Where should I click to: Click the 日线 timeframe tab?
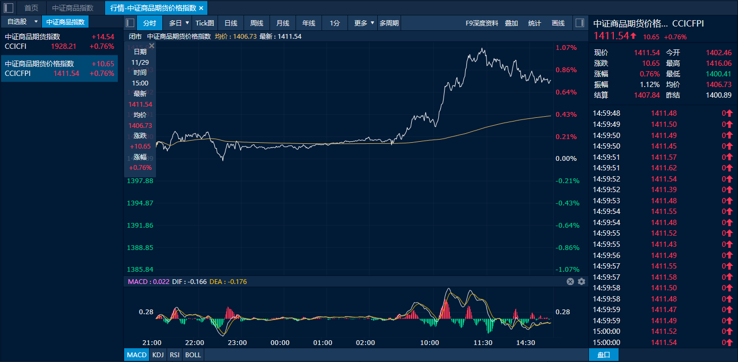pyautogui.click(x=231, y=23)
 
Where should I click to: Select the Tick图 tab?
pyautogui.click(x=205, y=23)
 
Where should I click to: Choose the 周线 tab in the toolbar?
pyautogui.click(x=257, y=23)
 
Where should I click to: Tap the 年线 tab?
pyautogui.click(x=309, y=23)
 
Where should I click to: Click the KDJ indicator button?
pyautogui.click(x=158, y=355)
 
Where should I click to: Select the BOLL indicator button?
pyautogui.click(x=193, y=355)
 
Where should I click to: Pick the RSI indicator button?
pyautogui.click(x=174, y=355)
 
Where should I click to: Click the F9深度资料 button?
pyautogui.click(x=482, y=23)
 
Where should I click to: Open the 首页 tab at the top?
pyautogui.click(x=31, y=8)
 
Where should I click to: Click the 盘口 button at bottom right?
pyautogui.click(x=604, y=355)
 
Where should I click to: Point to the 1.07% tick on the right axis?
pyautogui.click(x=566, y=48)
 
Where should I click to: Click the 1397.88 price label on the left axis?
pyautogui.click(x=140, y=181)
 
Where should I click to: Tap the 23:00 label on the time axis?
pyautogui.click(x=237, y=343)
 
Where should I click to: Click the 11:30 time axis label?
pyautogui.click(x=483, y=343)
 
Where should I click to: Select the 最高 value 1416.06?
pyautogui.click(x=719, y=63)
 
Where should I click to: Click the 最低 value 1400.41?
pyautogui.click(x=719, y=74)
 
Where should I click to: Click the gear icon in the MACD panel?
pyautogui.click(x=581, y=281)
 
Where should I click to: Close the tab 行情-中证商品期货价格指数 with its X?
pyautogui.click(x=201, y=8)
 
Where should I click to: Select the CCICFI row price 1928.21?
pyautogui.click(x=64, y=46)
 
